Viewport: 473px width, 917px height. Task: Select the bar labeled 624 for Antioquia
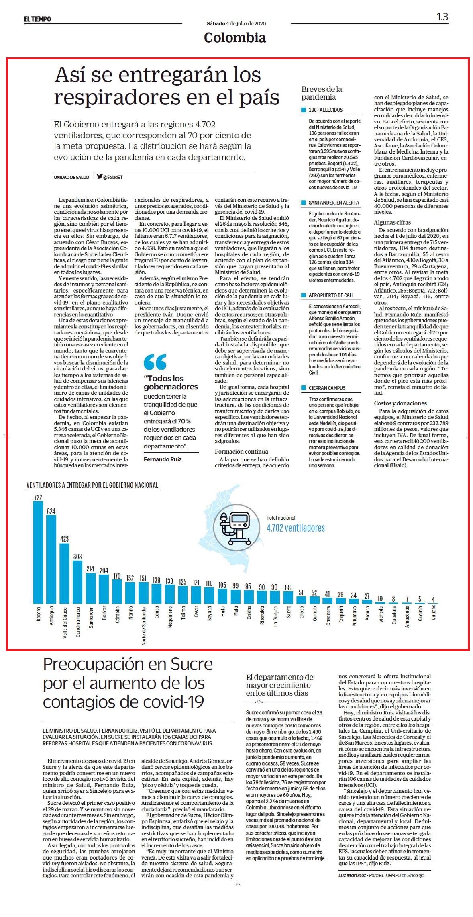click(51, 559)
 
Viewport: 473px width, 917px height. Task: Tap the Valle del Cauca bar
click(64, 573)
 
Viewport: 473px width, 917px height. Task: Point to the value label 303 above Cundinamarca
click(77, 556)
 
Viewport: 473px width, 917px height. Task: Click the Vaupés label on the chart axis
click(433, 612)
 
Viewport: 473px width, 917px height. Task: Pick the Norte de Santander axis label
click(144, 625)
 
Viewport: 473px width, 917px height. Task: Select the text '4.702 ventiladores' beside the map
click(296, 528)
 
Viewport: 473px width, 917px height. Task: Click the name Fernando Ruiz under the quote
click(163, 459)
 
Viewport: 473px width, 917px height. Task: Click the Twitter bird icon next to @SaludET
click(100, 176)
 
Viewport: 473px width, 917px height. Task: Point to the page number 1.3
click(442, 17)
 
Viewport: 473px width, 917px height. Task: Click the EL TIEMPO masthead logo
click(37, 19)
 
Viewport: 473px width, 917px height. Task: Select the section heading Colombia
click(235, 37)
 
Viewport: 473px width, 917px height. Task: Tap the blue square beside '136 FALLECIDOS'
click(304, 110)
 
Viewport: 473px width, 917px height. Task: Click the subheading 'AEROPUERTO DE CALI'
click(331, 295)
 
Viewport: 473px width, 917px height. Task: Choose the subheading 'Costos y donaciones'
click(400, 403)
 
